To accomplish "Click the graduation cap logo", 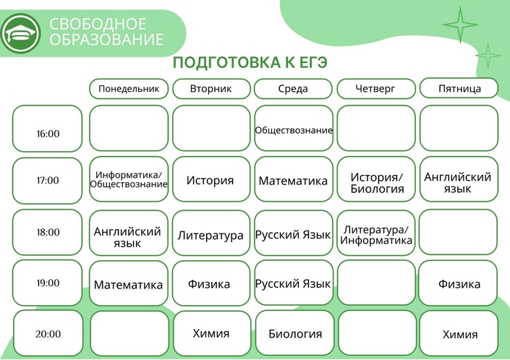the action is click(21, 33).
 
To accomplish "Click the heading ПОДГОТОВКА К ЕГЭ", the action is click(250, 62).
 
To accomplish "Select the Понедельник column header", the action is click(129, 88).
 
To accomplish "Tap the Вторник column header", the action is click(211, 88).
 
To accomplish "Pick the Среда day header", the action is click(293, 88).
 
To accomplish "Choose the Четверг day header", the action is click(376, 88).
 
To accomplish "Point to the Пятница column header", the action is click(459, 88).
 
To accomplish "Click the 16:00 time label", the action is click(48, 134).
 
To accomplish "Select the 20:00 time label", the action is click(48, 334).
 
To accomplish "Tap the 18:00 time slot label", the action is click(48, 232).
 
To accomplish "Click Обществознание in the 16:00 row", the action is click(294, 130).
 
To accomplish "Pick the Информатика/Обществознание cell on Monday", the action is click(129, 179).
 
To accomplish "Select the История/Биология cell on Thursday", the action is click(376, 179).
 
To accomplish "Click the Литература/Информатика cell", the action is click(376, 233).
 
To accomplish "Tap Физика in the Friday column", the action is click(459, 284).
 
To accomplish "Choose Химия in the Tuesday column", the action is click(211, 333).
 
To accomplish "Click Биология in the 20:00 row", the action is click(295, 334).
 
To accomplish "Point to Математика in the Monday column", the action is click(128, 285).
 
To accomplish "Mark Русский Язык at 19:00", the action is click(293, 284).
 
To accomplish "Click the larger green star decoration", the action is click(460, 25).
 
